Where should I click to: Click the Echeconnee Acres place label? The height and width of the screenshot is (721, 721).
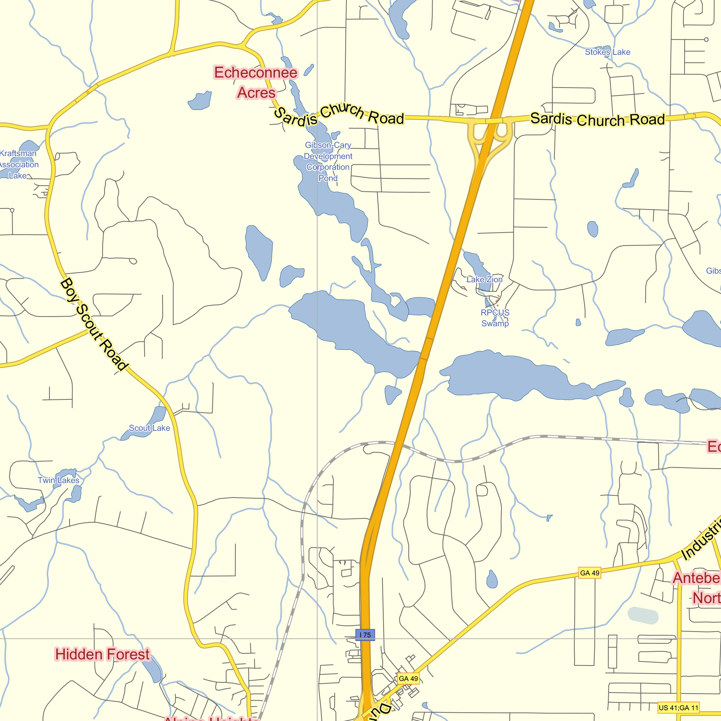click(256, 83)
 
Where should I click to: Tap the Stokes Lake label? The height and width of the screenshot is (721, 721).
click(607, 52)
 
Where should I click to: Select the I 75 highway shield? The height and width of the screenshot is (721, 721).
click(365, 635)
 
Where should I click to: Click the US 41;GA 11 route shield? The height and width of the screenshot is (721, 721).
click(678, 708)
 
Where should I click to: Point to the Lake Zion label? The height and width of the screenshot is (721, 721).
click(485, 279)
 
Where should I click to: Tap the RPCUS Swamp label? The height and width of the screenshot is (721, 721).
click(495, 318)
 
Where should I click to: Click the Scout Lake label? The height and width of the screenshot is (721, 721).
click(149, 428)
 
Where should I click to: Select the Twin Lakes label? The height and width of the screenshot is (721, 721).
click(59, 480)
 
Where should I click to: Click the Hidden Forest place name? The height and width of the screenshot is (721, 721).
click(102, 655)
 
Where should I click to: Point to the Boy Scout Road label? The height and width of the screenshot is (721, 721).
click(94, 324)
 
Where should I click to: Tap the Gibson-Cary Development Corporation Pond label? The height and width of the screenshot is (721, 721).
click(328, 162)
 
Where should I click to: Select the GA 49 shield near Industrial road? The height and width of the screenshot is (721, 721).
click(590, 573)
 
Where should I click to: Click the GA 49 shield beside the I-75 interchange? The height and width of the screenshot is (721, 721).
click(408, 678)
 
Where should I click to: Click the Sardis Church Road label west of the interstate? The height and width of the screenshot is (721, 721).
click(339, 115)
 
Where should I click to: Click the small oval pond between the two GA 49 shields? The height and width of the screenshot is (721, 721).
click(492, 580)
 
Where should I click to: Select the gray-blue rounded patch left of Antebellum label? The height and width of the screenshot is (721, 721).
click(643, 615)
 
